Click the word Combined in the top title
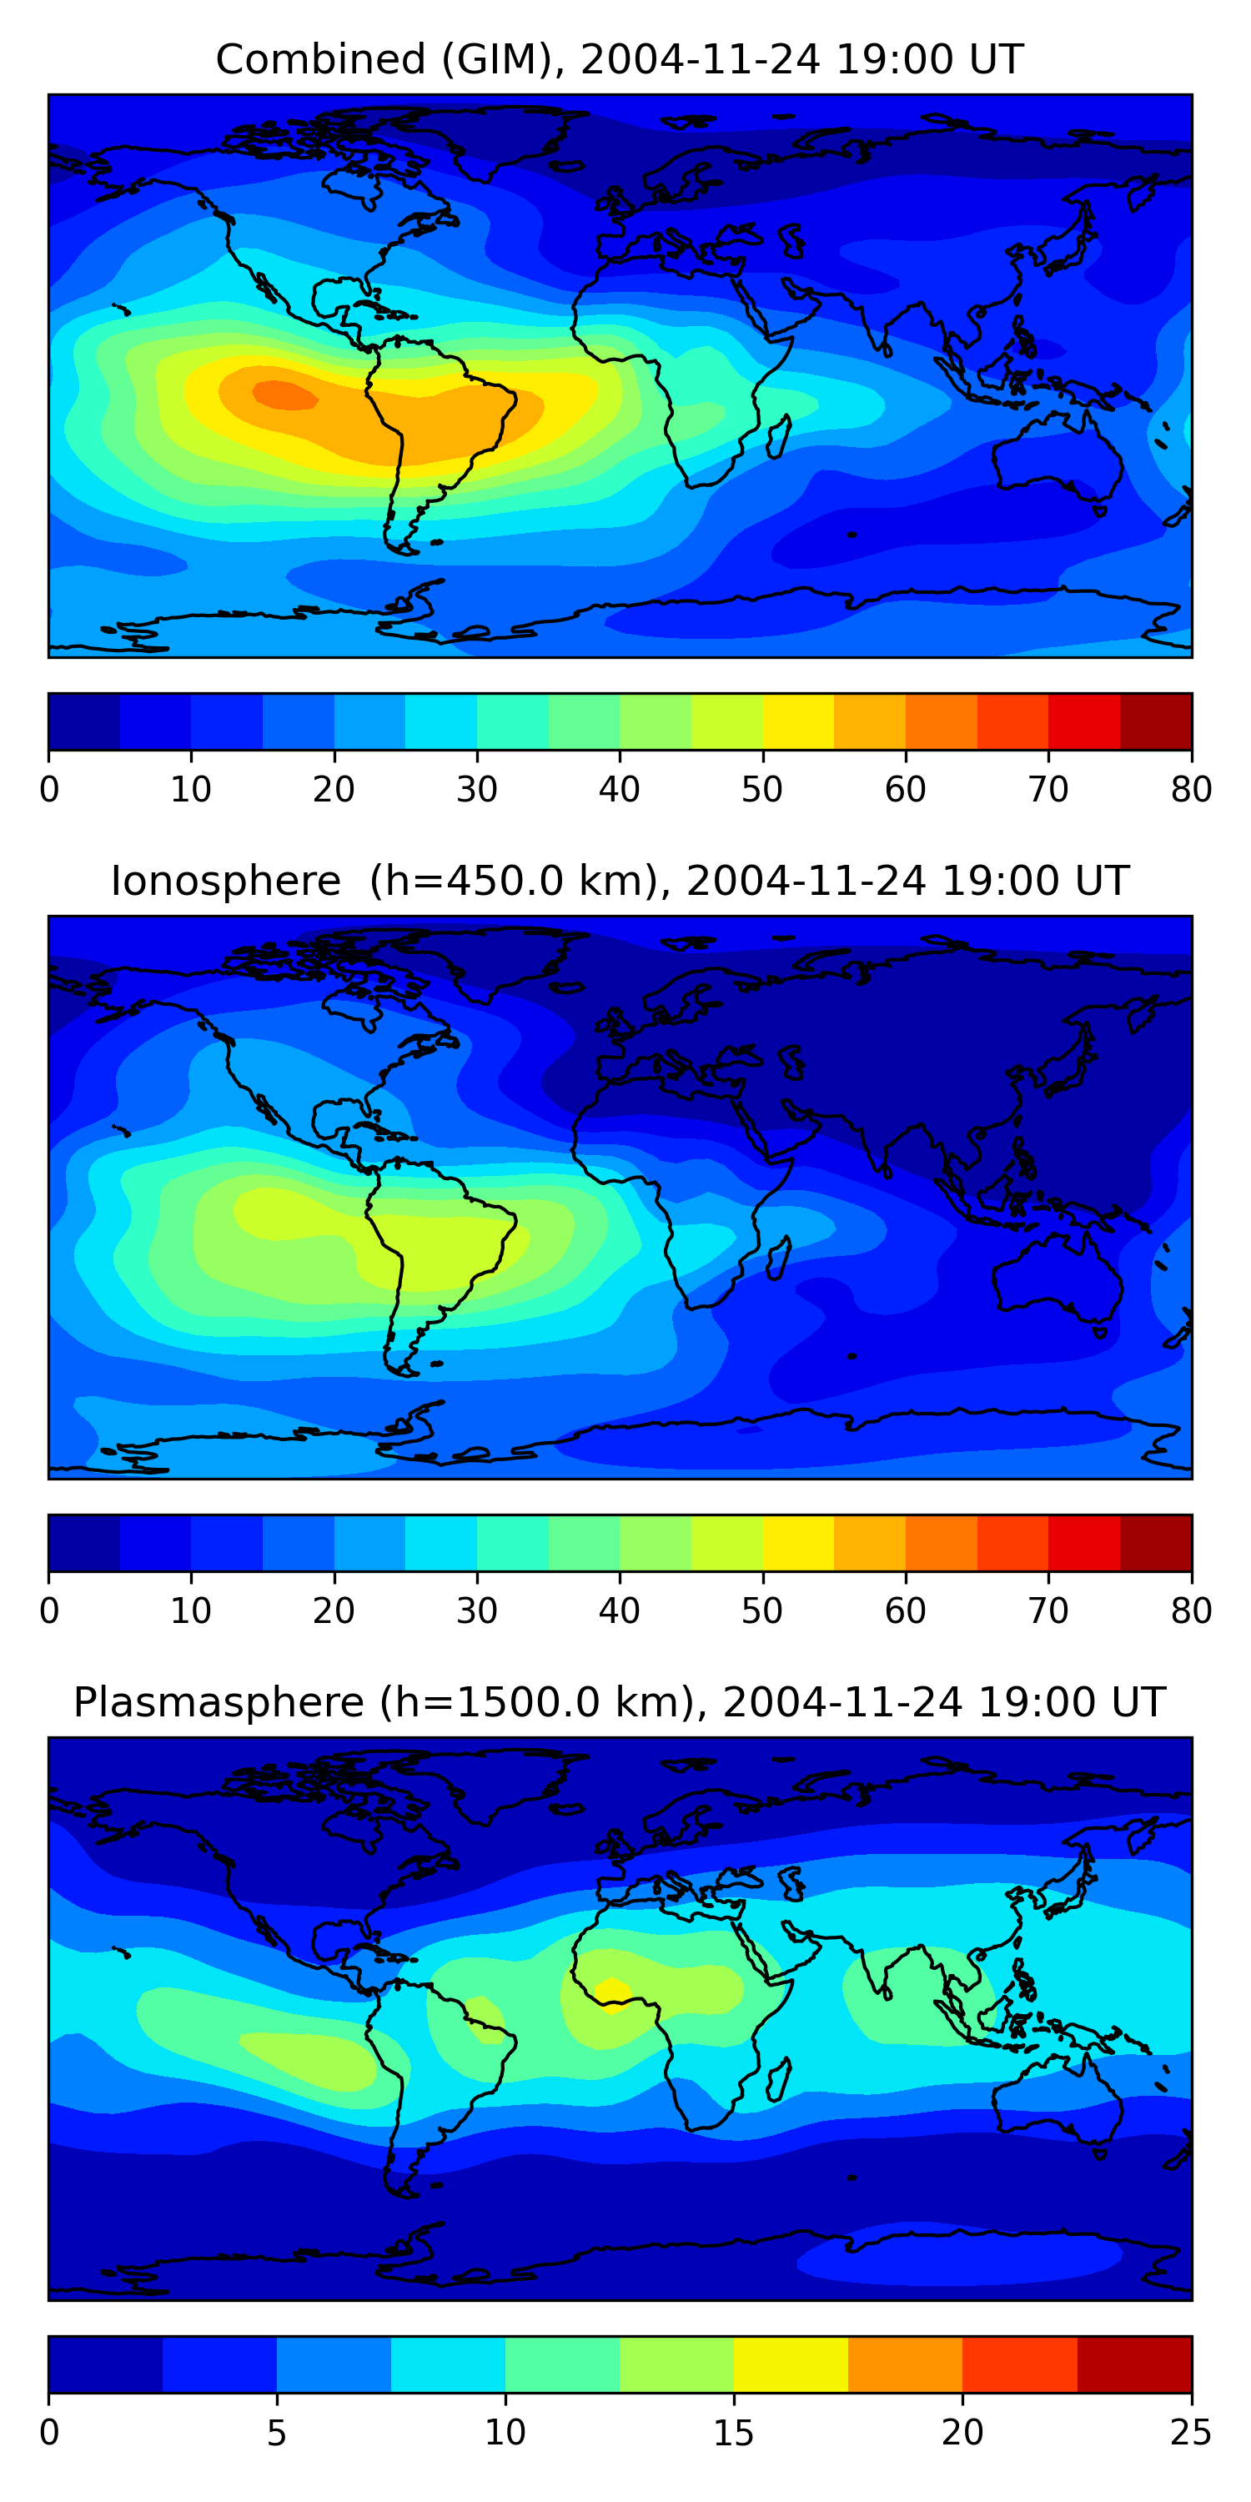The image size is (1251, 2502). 320,59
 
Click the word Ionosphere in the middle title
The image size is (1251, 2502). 225,881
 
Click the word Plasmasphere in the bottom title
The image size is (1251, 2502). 219,1703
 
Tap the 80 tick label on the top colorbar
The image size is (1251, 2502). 1191,790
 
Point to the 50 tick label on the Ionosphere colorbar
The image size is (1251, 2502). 762,1611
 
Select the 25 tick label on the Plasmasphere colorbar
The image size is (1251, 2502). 1191,2433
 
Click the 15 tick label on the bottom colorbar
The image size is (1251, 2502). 733,2433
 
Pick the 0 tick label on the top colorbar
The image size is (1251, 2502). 49,790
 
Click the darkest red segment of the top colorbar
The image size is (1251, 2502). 1156,721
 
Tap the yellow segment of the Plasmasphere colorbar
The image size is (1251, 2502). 791,2365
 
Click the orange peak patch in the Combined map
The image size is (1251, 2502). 284,395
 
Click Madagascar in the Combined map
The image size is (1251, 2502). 779,436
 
